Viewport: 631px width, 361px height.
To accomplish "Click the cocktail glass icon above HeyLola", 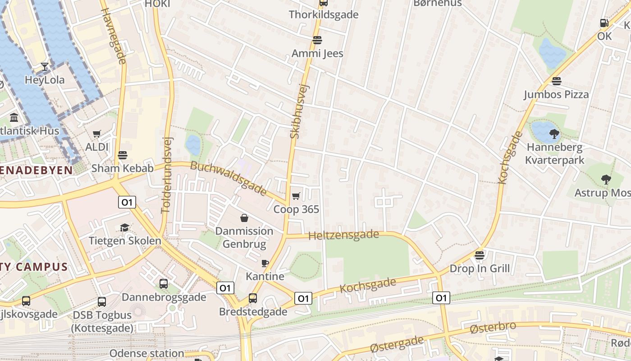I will click(x=45, y=67).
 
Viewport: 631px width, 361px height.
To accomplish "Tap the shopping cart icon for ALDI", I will click(x=96, y=134).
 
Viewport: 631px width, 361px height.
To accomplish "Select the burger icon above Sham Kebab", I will click(x=122, y=155).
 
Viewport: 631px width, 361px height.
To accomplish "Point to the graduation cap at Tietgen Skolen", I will click(x=124, y=227).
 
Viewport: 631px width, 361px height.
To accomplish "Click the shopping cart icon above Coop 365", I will click(x=296, y=196).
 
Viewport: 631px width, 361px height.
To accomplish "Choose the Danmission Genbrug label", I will click(x=244, y=238).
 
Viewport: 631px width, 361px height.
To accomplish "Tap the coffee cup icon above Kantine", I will click(x=265, y=263).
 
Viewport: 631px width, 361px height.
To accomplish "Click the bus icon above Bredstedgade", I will click(x=253, y=298).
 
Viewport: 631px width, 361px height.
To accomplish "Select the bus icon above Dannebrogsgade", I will click(x=164, y=284).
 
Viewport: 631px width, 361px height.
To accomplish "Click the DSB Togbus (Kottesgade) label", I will click(x=102, y=321).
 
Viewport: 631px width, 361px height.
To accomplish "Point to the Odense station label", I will click(x=146, y=353).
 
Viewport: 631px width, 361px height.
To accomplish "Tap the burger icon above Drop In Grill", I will click(x=480, y=255).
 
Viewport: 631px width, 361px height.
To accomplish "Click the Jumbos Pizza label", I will click(x=556, y=94).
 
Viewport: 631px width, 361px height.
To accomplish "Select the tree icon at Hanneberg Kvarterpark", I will click(x=554, y=134).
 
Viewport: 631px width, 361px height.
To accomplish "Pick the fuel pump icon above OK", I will click(x=604, y=23).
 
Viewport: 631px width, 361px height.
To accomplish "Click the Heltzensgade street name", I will click(x=344, y=235).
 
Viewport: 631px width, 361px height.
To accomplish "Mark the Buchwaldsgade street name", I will click(x=229, y=178).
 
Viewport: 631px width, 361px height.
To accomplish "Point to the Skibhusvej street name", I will click(x=299, y=111).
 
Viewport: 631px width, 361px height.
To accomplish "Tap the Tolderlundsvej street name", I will click(x=167, y=175).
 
